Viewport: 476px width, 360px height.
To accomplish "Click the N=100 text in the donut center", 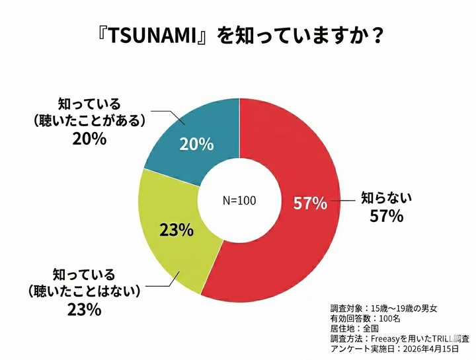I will click(x=238, y=200).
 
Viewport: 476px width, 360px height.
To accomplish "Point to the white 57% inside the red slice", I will click(x=310, y=203).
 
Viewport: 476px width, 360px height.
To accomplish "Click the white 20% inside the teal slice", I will click(x=196, y=144).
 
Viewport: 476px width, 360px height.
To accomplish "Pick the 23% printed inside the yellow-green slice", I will click(x=176, y=230).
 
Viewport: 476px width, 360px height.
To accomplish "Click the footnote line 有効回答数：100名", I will click(x=365, y=318).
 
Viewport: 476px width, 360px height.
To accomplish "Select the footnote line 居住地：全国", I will click(x=356, y=328).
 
